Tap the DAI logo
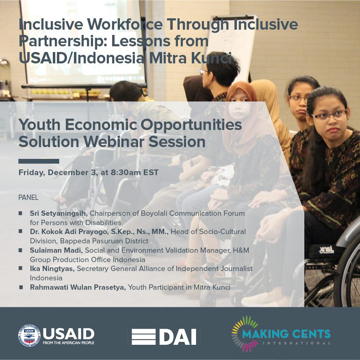click(163, 337)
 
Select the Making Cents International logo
click(281, 334)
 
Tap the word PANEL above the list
click(28, 197)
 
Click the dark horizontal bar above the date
click(39, 161)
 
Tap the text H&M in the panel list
click(240, 250)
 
